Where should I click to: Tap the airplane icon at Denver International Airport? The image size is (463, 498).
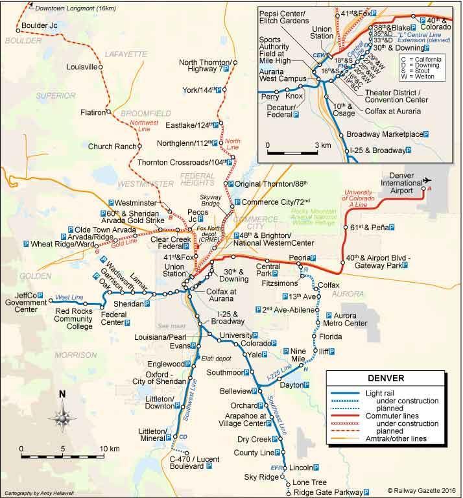pyautogui.click(x=427, y=180)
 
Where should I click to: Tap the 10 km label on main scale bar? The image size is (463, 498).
pyautogui.click(x=110, y=448)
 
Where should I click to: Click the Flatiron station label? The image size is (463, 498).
pyautogui.click(x=92, y=112)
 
